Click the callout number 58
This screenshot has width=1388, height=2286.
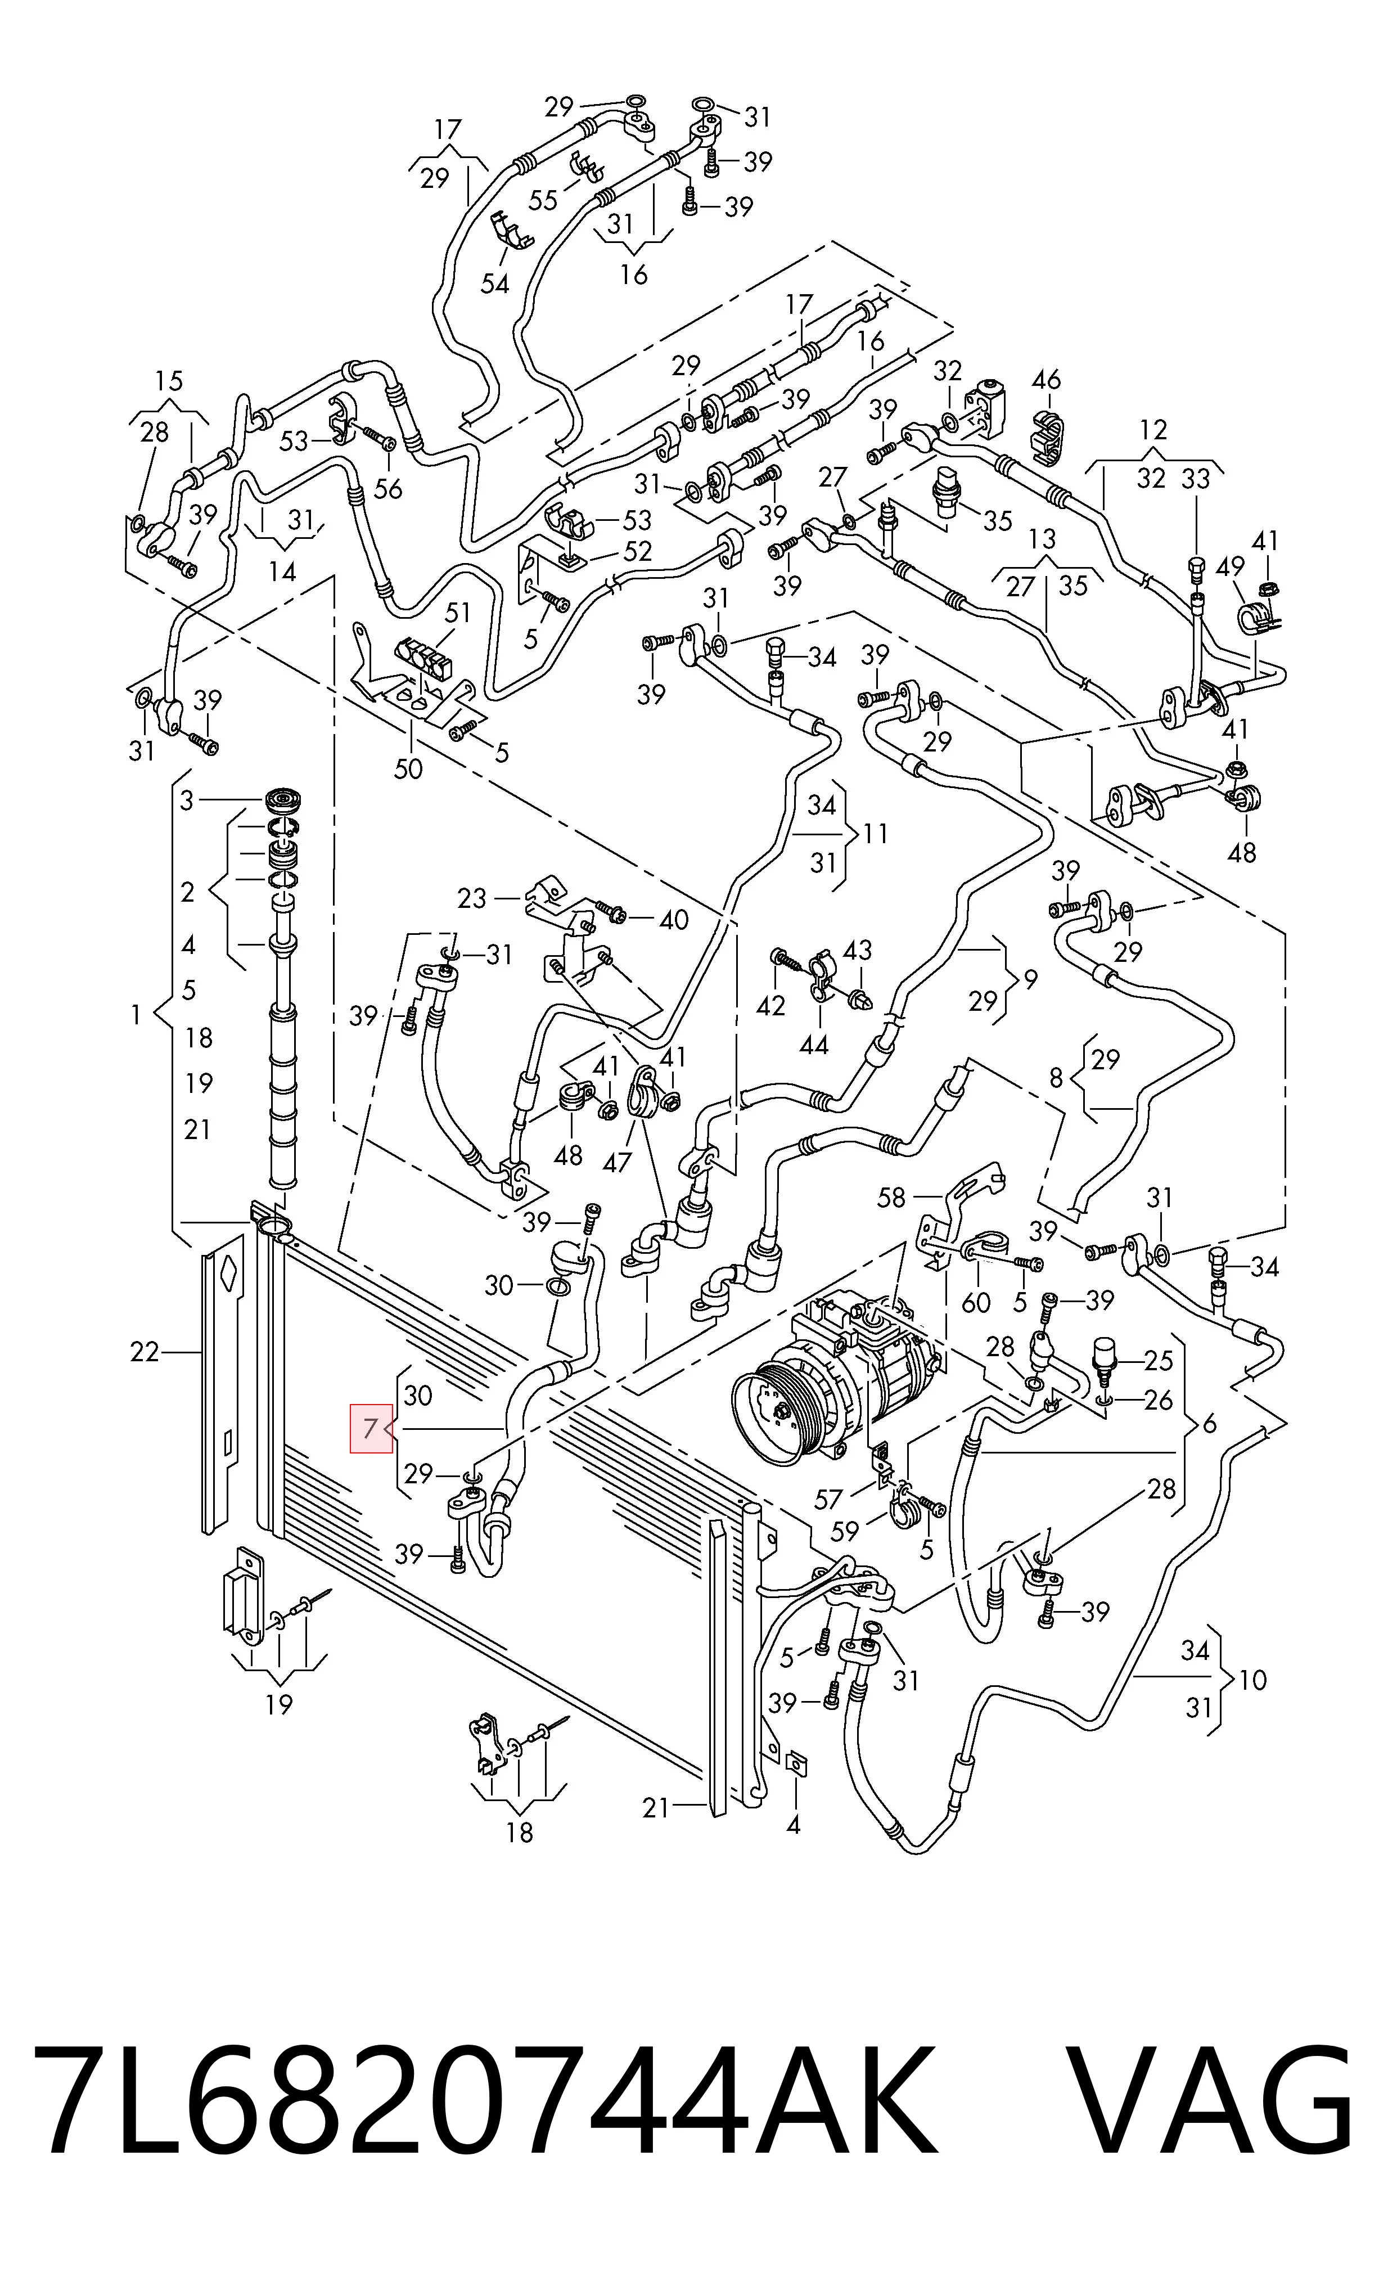[x=891, y=1198]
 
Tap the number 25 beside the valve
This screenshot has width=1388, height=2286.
[x=1159, y=1360]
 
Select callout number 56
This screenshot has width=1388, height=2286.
[x=388, y=488]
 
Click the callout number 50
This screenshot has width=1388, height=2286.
[x=408, y=768]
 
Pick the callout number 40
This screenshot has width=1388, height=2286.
[x=674, y=920]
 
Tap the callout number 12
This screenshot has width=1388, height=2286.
[x=1153, y=430]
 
